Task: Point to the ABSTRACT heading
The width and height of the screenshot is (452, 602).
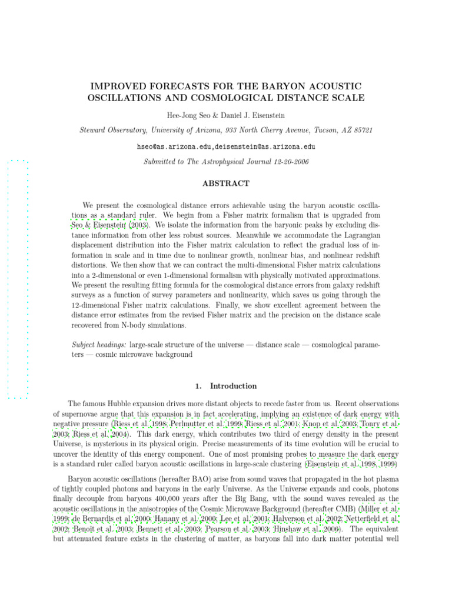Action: tap(225, 183)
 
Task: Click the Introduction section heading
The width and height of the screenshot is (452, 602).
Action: tap(233, 386)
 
